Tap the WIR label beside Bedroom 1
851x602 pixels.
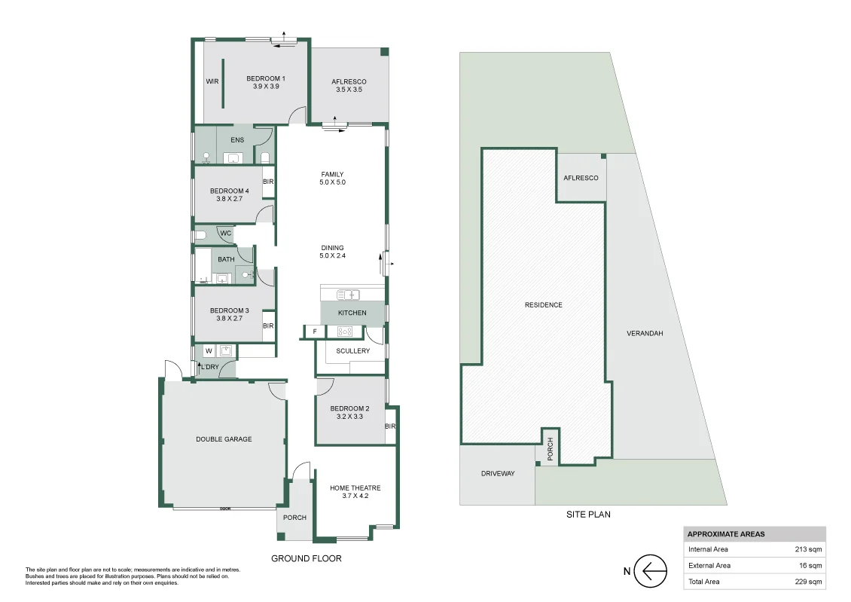click(x=212, y=82)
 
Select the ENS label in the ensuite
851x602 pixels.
click(x=237, y=140)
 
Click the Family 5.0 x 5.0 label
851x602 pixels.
click(x=332, y=179)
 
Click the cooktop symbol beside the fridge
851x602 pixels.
click(x=346, y=331)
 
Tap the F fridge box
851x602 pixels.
click(x=315, y=331)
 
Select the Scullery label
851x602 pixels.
click(x=353, y=351)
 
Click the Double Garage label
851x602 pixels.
click(x=224, y=439)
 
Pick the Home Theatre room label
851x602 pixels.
click(x=355, y=491)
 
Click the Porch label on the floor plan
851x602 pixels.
click(x=294, y=518)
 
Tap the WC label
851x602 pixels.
click(x=225, y=234)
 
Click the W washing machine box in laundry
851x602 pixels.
click(x=208, y=350)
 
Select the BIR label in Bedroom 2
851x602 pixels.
click(x=390, y=426)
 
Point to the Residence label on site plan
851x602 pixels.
click(x=543, y=305)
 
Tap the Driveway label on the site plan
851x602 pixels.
click(x=497, y=474)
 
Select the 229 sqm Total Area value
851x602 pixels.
click(x=810, y=582)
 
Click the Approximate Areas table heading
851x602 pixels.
click(x=726, y=534)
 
